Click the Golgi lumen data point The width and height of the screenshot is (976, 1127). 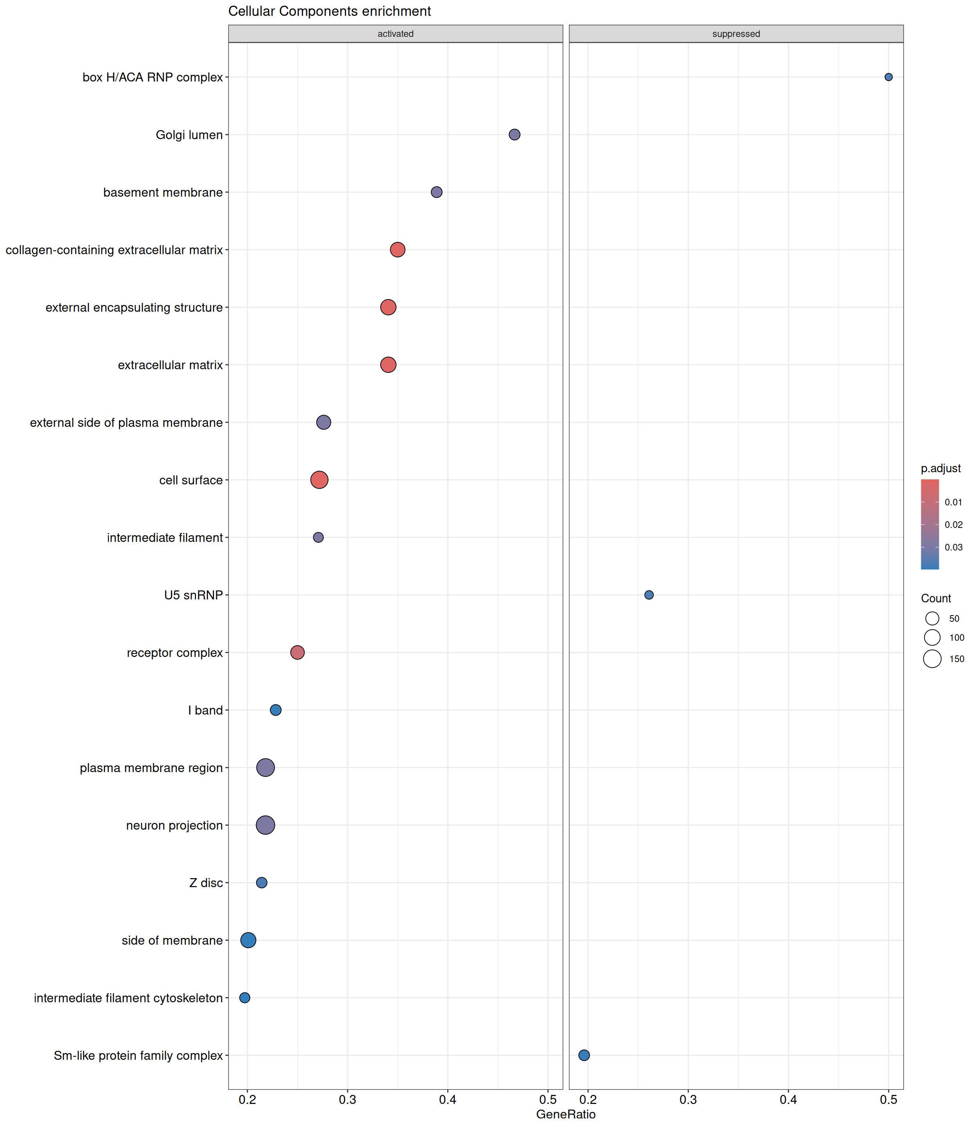pyautogui.click(x=514, y=135)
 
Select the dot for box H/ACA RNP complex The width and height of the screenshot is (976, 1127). pyautogui.click(x=888, y=77)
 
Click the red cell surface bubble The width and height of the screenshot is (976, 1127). pyautogui.click(x=319, y=480)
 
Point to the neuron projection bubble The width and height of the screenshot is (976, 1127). pyautogui.click(x=265, y=825)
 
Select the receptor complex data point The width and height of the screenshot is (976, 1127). pyautogui.click(x=297, y=652)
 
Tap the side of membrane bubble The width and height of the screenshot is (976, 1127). pyautogui.click(x=248, y=940)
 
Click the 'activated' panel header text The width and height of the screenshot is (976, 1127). pyautogui.click(x=395, y=34)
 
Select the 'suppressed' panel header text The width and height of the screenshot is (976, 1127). pyautogui.click(x=736, y=34)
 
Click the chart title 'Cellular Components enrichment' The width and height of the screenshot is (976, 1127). pyautogui.click(x=330, y=11)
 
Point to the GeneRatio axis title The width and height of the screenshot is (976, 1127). pyautogui.click(x=566, y=1114)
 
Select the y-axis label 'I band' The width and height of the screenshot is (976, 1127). pyautogui.click(x=205, y=710)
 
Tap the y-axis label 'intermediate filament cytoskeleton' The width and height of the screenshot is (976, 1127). pyautogui.click(x=129, y=998)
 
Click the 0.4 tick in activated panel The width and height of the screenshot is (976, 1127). pyautogui.click(x=448, y=1099)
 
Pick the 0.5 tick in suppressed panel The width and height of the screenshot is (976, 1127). pyautogui.click(x=888, y=1099)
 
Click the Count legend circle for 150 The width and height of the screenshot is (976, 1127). pyautogui.click(x=932, y=659)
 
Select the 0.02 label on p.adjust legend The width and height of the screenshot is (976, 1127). pyautogui.click(x=954, y=525)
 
